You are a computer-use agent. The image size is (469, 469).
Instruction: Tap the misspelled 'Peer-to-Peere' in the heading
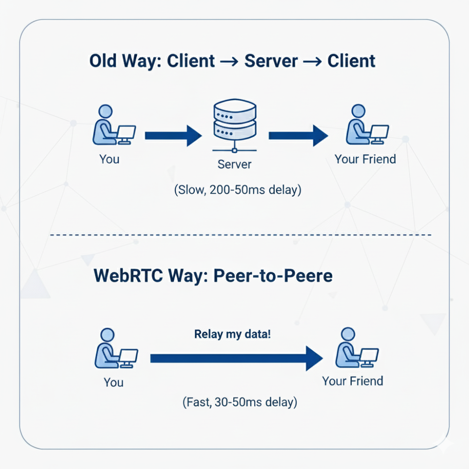tap(273, 275)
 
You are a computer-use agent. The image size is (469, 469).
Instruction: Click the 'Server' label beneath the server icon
tap(234, 165)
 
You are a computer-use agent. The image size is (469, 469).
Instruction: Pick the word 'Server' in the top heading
tap(271, 61)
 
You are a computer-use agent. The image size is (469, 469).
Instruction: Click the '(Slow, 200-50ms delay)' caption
tap(238, 190)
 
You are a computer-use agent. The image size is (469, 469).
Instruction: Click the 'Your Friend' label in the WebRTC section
tap(353, 380)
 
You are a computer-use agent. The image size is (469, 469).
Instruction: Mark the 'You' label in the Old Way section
tap(109, 159)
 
